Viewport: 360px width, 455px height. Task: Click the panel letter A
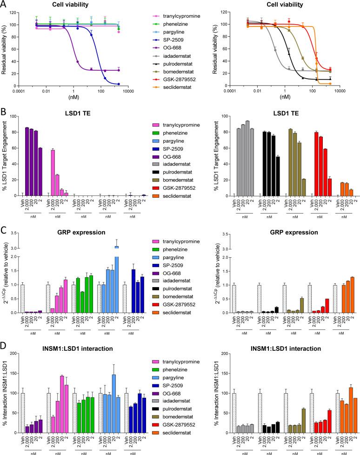coord(4,5)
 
